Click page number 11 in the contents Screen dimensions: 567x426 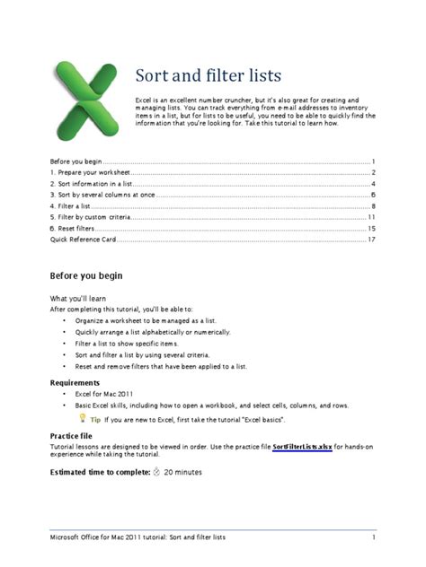pyautogui.click(x=370, y=218)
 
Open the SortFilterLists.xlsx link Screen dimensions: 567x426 pyautogui.click(x=302, y=445)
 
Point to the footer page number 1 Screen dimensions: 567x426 pyautogui.click(x=372, y=537)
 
